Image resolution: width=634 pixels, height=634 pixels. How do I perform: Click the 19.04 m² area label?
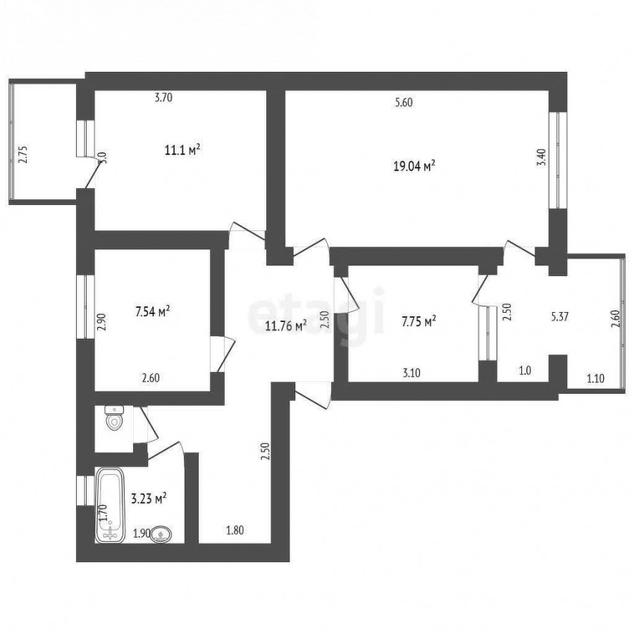[x=414, y=166]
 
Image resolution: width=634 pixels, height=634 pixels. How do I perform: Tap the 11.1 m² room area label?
[x=182, y=151]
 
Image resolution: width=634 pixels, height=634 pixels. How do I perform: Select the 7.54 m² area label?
[x=152, y=312]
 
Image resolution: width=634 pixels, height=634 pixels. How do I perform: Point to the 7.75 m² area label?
[x=418, y=321]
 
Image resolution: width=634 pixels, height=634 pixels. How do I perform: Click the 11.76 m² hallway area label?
[x=286, y=325]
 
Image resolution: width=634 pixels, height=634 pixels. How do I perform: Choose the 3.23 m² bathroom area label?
[x=149, y=499]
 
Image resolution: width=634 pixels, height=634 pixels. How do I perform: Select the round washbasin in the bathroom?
[x=161, y=535]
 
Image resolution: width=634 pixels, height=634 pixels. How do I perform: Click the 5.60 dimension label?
[x=404, y=103]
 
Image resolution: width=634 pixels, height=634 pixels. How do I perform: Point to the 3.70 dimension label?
[x=163, y=97]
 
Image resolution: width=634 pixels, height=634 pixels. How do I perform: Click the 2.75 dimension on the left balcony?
[x=24, y=154]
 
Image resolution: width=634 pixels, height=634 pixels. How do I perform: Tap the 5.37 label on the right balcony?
[x=560, y=316]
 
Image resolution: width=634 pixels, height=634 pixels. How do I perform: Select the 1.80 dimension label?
[x=235, y=530]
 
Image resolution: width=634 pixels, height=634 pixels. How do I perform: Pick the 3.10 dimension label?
[x=411, y=373]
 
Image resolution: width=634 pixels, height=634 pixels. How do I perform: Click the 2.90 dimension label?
[x=101, y=323]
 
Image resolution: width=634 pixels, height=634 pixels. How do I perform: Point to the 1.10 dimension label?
[x=595, y=378]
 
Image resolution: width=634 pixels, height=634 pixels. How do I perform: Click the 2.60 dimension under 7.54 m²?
[x=151, y=378]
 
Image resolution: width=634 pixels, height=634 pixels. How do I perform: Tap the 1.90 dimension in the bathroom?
[x=142, y=534]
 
